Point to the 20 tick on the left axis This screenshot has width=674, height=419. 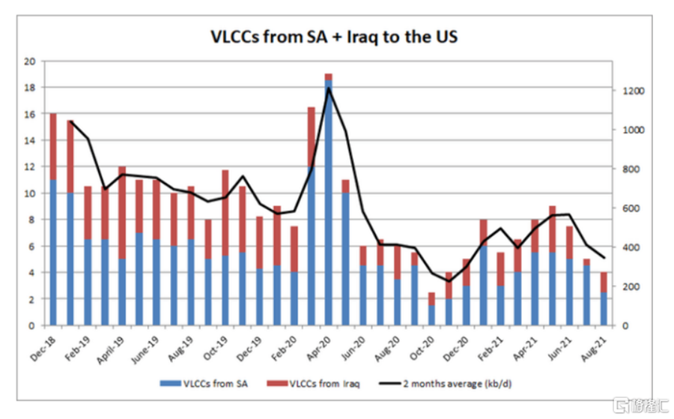30,61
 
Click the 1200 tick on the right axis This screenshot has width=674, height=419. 628,91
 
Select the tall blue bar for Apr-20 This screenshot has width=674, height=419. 329,202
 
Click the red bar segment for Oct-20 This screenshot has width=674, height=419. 432,298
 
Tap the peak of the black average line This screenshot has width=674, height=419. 328,88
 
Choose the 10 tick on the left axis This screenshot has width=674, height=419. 30,193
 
